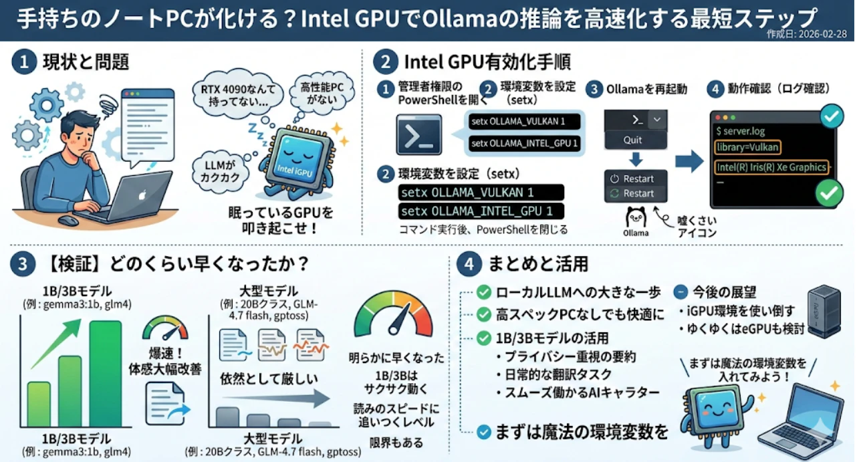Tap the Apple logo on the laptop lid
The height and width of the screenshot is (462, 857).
(x=142, y=195)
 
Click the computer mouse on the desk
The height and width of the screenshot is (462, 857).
(x=68, y=221)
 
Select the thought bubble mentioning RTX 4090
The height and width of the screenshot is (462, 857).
(x=238, y=94)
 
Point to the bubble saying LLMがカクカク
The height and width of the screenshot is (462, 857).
(x=221, y=171)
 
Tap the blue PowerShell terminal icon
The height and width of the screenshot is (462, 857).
(x=419, y=135)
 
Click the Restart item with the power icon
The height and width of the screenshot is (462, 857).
(x=636, y=179)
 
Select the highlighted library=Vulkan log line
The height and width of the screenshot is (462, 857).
(x=747, y=147)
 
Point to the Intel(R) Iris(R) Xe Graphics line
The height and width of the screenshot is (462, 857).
(x=771, y=167)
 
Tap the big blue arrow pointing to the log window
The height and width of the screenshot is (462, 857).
(x=689, y=161)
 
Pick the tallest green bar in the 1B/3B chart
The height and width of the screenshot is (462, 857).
(x=106, y=374)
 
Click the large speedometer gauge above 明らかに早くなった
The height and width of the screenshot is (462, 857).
(x=394, y=314)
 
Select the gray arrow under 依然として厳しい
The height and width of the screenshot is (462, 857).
(x=276, y=398)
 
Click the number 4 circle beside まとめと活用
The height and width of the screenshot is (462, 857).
(x=469, y=263)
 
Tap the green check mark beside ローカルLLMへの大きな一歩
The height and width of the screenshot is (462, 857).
(x=483, y=292)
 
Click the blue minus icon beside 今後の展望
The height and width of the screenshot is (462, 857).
(x=681, y=292)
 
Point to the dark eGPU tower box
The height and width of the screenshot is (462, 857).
(x=824, y=312)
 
